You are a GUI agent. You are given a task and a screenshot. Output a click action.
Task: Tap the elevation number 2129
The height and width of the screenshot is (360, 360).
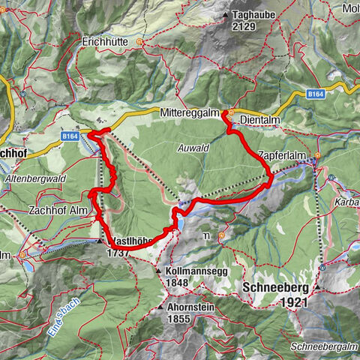[244, 26]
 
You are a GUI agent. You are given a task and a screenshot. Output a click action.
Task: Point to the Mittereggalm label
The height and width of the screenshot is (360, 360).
[187, 110]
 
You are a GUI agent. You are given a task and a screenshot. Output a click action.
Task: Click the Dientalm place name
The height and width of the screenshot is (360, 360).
[257, 118]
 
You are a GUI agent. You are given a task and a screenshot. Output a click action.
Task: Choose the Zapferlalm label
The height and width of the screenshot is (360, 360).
[282, 155]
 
